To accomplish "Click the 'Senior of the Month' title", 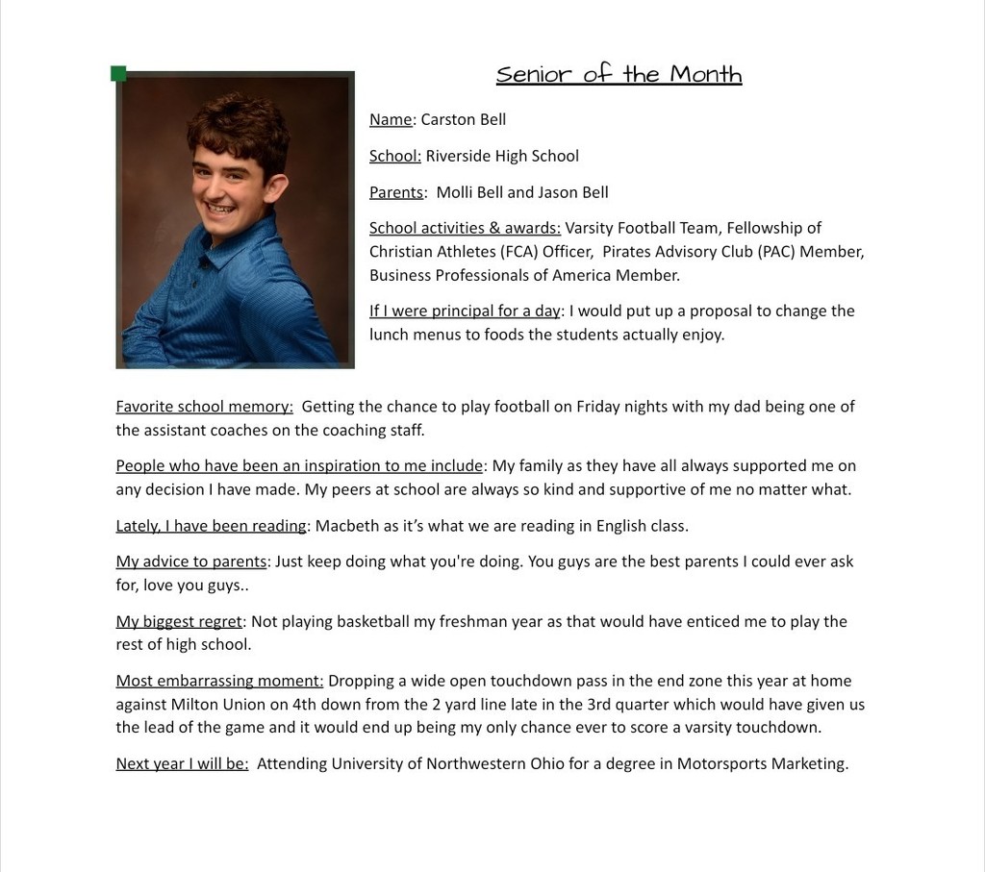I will click(x=619, y=74).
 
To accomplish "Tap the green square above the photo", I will click(x=119, y=74).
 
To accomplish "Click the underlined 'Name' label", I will click(x=391, y=119).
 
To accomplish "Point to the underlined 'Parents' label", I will click(x=396, y=192).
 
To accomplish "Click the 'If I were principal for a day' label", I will click(x=465, y=311).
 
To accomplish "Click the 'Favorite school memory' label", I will click(x=204, y=407).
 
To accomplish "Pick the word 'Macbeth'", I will click(x=342, y=526).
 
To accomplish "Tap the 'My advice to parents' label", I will click(x=191, y=561).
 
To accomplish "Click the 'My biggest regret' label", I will click(x=179, y=621).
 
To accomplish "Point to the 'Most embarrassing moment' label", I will click(x=219, y=681).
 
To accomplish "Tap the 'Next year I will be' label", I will click(x=182, y=763).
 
